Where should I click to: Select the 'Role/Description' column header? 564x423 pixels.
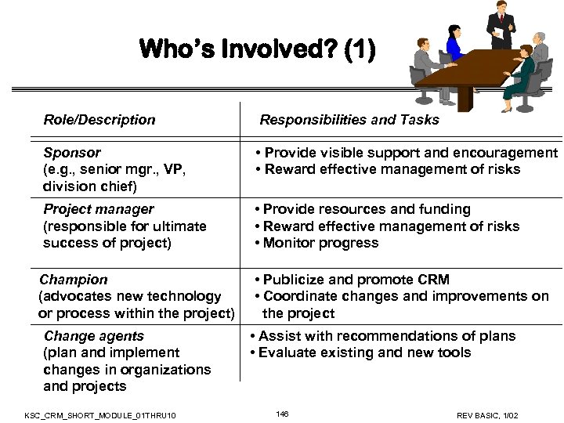point(99,120)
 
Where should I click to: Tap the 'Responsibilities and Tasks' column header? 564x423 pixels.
point(349,120)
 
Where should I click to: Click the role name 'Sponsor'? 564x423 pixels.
point(72,153)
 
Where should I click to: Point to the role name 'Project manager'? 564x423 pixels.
point(99,209)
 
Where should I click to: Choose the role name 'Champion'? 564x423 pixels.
point(74,280)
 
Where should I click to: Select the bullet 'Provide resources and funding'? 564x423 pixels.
point(367,209)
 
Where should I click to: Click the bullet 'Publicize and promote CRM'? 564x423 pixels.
point(356,280)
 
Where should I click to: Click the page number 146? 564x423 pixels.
point(282,413)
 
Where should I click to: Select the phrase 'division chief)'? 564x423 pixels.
point(89,186)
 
